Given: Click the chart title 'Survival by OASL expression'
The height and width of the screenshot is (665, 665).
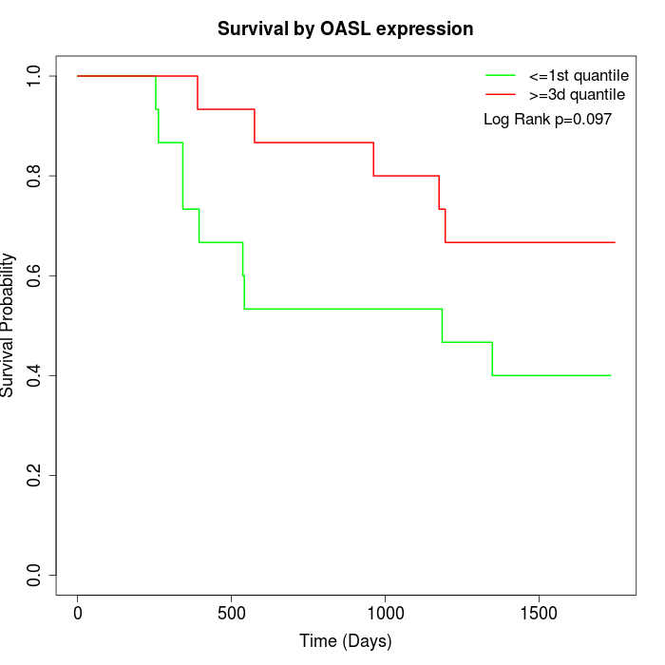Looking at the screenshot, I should point(345,28).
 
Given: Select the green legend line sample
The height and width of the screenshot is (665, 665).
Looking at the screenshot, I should point(500,75).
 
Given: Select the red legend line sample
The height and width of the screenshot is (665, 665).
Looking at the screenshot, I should point(500,94).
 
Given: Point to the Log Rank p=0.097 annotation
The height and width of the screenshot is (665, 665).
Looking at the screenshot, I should point(547,120).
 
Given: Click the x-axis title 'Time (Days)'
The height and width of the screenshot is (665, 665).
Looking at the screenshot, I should point(345,641).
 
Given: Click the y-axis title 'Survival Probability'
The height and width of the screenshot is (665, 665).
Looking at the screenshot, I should point(9,325).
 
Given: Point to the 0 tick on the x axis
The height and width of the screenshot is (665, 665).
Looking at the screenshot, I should point(78,614).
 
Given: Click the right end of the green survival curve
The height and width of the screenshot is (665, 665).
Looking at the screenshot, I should point(610,375).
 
